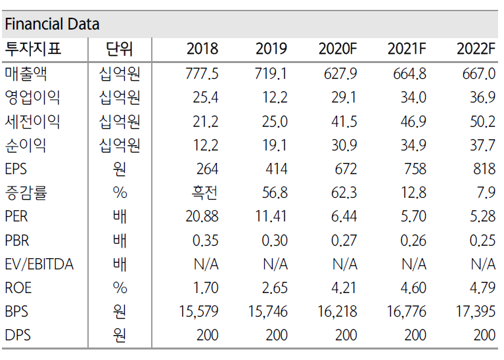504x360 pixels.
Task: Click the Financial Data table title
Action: click(x=52, y=24)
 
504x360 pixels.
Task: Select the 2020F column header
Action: click(x=337, y=49)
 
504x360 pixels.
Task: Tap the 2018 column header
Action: click(x=202, y=49)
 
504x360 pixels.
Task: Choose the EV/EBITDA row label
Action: click(x=39, y=264)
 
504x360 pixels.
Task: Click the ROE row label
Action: click(x=18, y=288)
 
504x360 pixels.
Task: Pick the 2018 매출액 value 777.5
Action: click(x=200, y=74)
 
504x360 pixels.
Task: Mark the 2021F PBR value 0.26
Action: click(x=413, y=240)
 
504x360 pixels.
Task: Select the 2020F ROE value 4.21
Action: click(x=344, y=288)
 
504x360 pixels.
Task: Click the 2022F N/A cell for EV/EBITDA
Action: click(x=482, y=264)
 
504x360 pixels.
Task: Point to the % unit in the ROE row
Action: click(x=120, y=288)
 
